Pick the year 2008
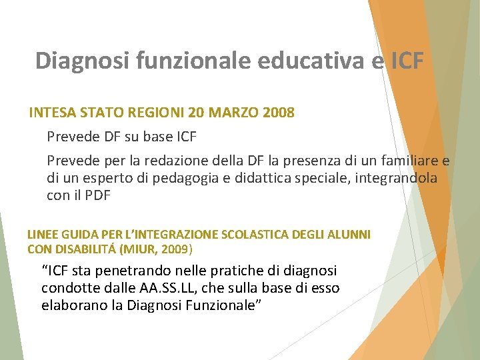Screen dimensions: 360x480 (277, 113)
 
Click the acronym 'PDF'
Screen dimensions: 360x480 (97, 195)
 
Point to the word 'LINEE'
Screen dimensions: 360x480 (43, 235)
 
